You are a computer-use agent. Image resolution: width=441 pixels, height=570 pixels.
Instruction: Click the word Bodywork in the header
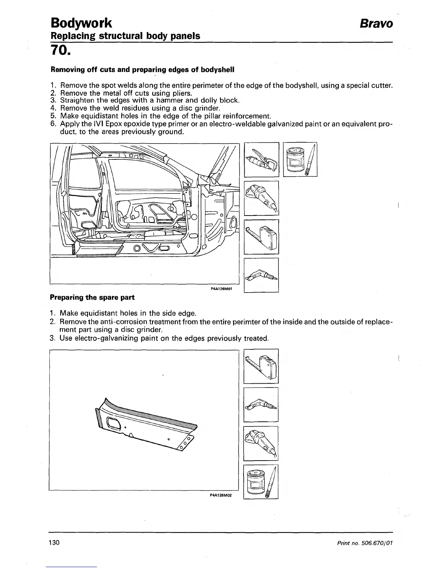81,23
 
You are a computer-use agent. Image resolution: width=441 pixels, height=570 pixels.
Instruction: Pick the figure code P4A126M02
220,495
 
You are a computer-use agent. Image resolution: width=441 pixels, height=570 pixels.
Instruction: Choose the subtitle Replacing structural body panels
126,36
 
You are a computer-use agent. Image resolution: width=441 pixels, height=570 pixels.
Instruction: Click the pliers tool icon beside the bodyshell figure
262,160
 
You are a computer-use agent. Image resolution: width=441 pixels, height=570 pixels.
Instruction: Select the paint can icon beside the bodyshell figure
300,160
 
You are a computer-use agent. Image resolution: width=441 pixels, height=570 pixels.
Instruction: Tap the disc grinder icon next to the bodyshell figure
262,198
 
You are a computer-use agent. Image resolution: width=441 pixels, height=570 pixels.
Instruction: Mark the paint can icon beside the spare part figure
261,482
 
